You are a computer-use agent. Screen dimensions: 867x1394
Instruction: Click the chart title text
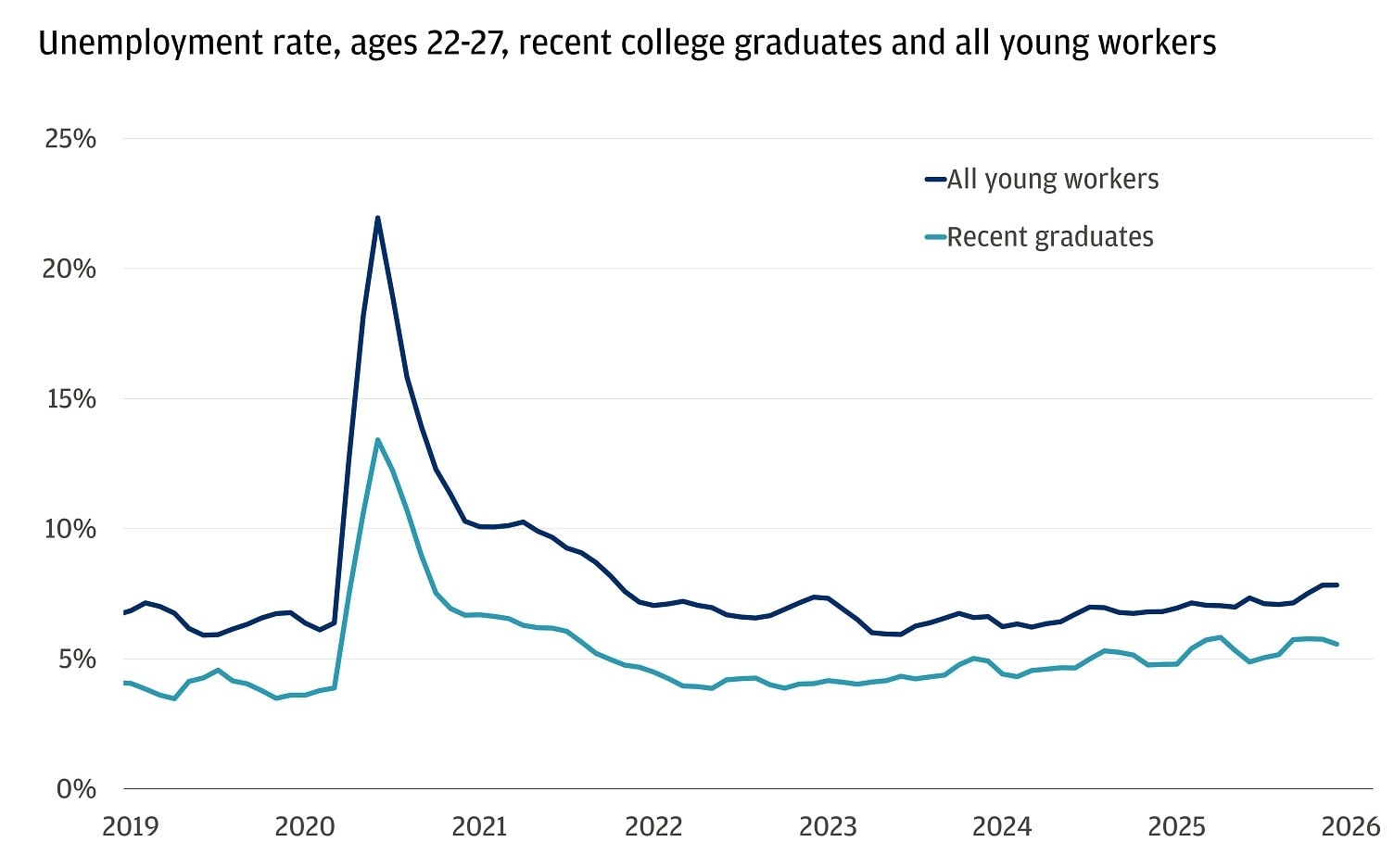coord(627,44)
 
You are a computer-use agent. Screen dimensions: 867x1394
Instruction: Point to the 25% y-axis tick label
coord(70,139)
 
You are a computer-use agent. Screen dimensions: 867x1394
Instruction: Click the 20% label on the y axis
coord(70,269)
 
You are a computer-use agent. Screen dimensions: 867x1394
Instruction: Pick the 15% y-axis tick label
coord(70,399)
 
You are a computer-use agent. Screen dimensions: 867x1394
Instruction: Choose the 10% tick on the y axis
coord(70,529)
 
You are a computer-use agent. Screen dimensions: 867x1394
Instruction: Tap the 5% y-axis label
coord(77,660)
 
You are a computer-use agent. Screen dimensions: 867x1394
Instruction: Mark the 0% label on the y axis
coord(76,789)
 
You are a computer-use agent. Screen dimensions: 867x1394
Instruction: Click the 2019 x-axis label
coord(131,826)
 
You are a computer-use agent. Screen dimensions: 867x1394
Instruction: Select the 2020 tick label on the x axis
coord(305,826)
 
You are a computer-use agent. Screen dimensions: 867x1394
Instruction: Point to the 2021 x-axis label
coord(479,826)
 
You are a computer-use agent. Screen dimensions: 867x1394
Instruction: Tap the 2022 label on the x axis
coord(653,826)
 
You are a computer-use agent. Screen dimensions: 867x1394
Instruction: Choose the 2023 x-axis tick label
coord(828,826)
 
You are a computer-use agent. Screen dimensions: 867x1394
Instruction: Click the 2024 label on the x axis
coord(1002,826)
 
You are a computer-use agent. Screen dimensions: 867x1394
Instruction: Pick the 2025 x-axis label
coord(1176,826)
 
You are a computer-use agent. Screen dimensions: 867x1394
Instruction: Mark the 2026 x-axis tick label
coord(1350,826)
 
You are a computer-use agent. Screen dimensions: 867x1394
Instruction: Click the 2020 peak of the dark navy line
coord(377,218)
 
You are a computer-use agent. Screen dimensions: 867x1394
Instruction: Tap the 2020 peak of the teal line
coord(377,440)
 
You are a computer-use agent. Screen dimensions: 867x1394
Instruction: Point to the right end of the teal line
coord(1337,644)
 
